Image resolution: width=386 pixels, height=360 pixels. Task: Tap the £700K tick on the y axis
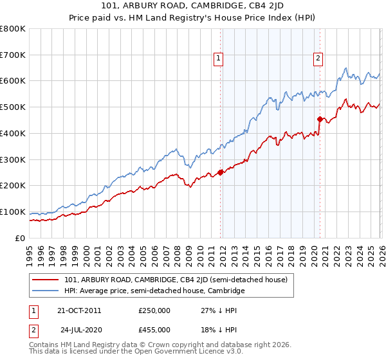click(x=13, y=55)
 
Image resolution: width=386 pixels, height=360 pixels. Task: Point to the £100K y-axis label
click(x=13, y=212)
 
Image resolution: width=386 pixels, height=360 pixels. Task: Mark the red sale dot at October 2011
click(x=220, y=172)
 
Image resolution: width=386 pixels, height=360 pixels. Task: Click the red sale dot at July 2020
click(x=320, y=118)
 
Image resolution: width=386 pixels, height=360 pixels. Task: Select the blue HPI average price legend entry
click(x=154, y=291)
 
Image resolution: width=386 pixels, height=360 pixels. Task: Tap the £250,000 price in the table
click(x=154, y=310)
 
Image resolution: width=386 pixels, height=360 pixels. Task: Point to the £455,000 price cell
click(x=154, y=330)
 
